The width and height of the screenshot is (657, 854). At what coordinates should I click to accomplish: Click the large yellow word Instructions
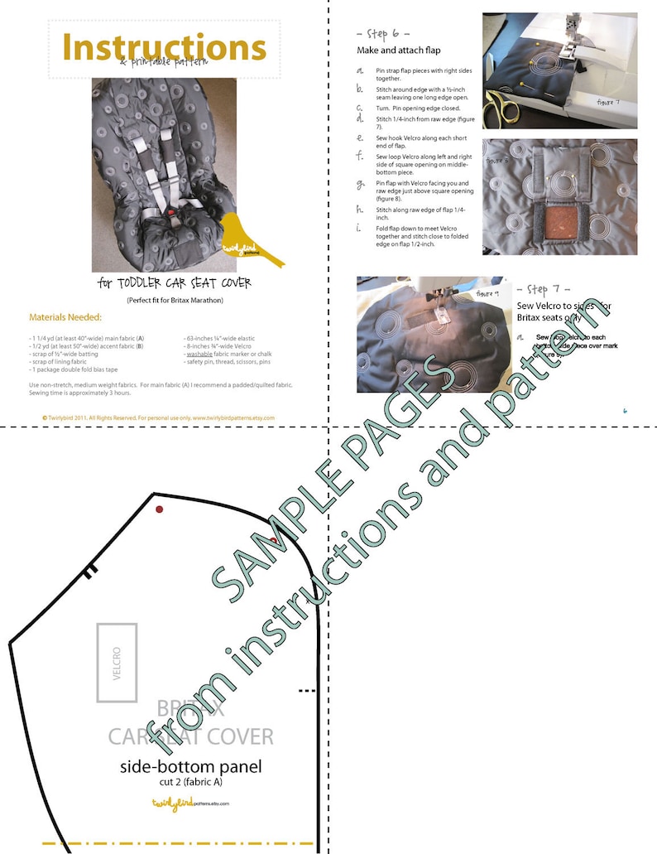click(x=165, y=46)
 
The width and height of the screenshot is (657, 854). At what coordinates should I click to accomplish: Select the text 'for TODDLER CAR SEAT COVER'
click(x=175, y=284)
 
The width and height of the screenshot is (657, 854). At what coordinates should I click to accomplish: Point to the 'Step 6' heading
click(x=383, y=33)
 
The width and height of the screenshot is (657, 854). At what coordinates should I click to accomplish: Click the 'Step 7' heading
click(x=544, y=290)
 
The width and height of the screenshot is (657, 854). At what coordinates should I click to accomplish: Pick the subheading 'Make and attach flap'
click(x=398, y=51)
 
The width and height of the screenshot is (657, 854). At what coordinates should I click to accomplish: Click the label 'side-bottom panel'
click(x=190, y=767)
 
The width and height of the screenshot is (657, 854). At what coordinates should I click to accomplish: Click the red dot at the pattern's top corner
click(x=160, y=509)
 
